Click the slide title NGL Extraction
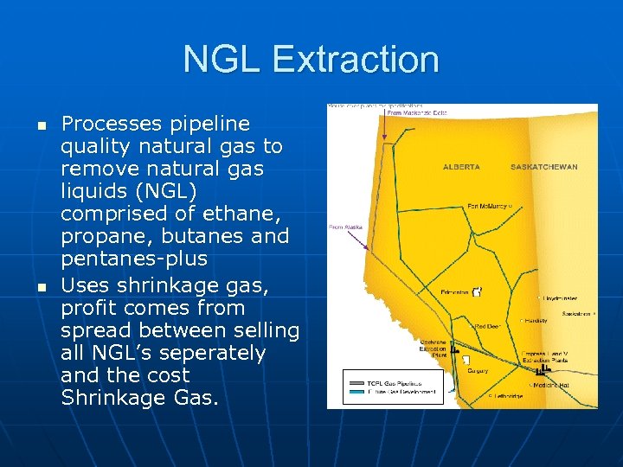(311, 60)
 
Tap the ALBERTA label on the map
(461, 166)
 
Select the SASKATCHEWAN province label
(544, 166)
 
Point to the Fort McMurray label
(487, 206)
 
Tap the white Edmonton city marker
(477, 291)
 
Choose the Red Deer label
(487, 326)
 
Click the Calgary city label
(478, 371)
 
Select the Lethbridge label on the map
(507, 396)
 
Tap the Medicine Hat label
(551, 385)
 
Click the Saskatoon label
(575, 313)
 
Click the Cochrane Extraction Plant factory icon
(466, 359)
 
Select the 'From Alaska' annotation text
(344, 227)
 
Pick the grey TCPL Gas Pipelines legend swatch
(354, 382)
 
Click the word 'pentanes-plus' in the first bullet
(134, 259)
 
